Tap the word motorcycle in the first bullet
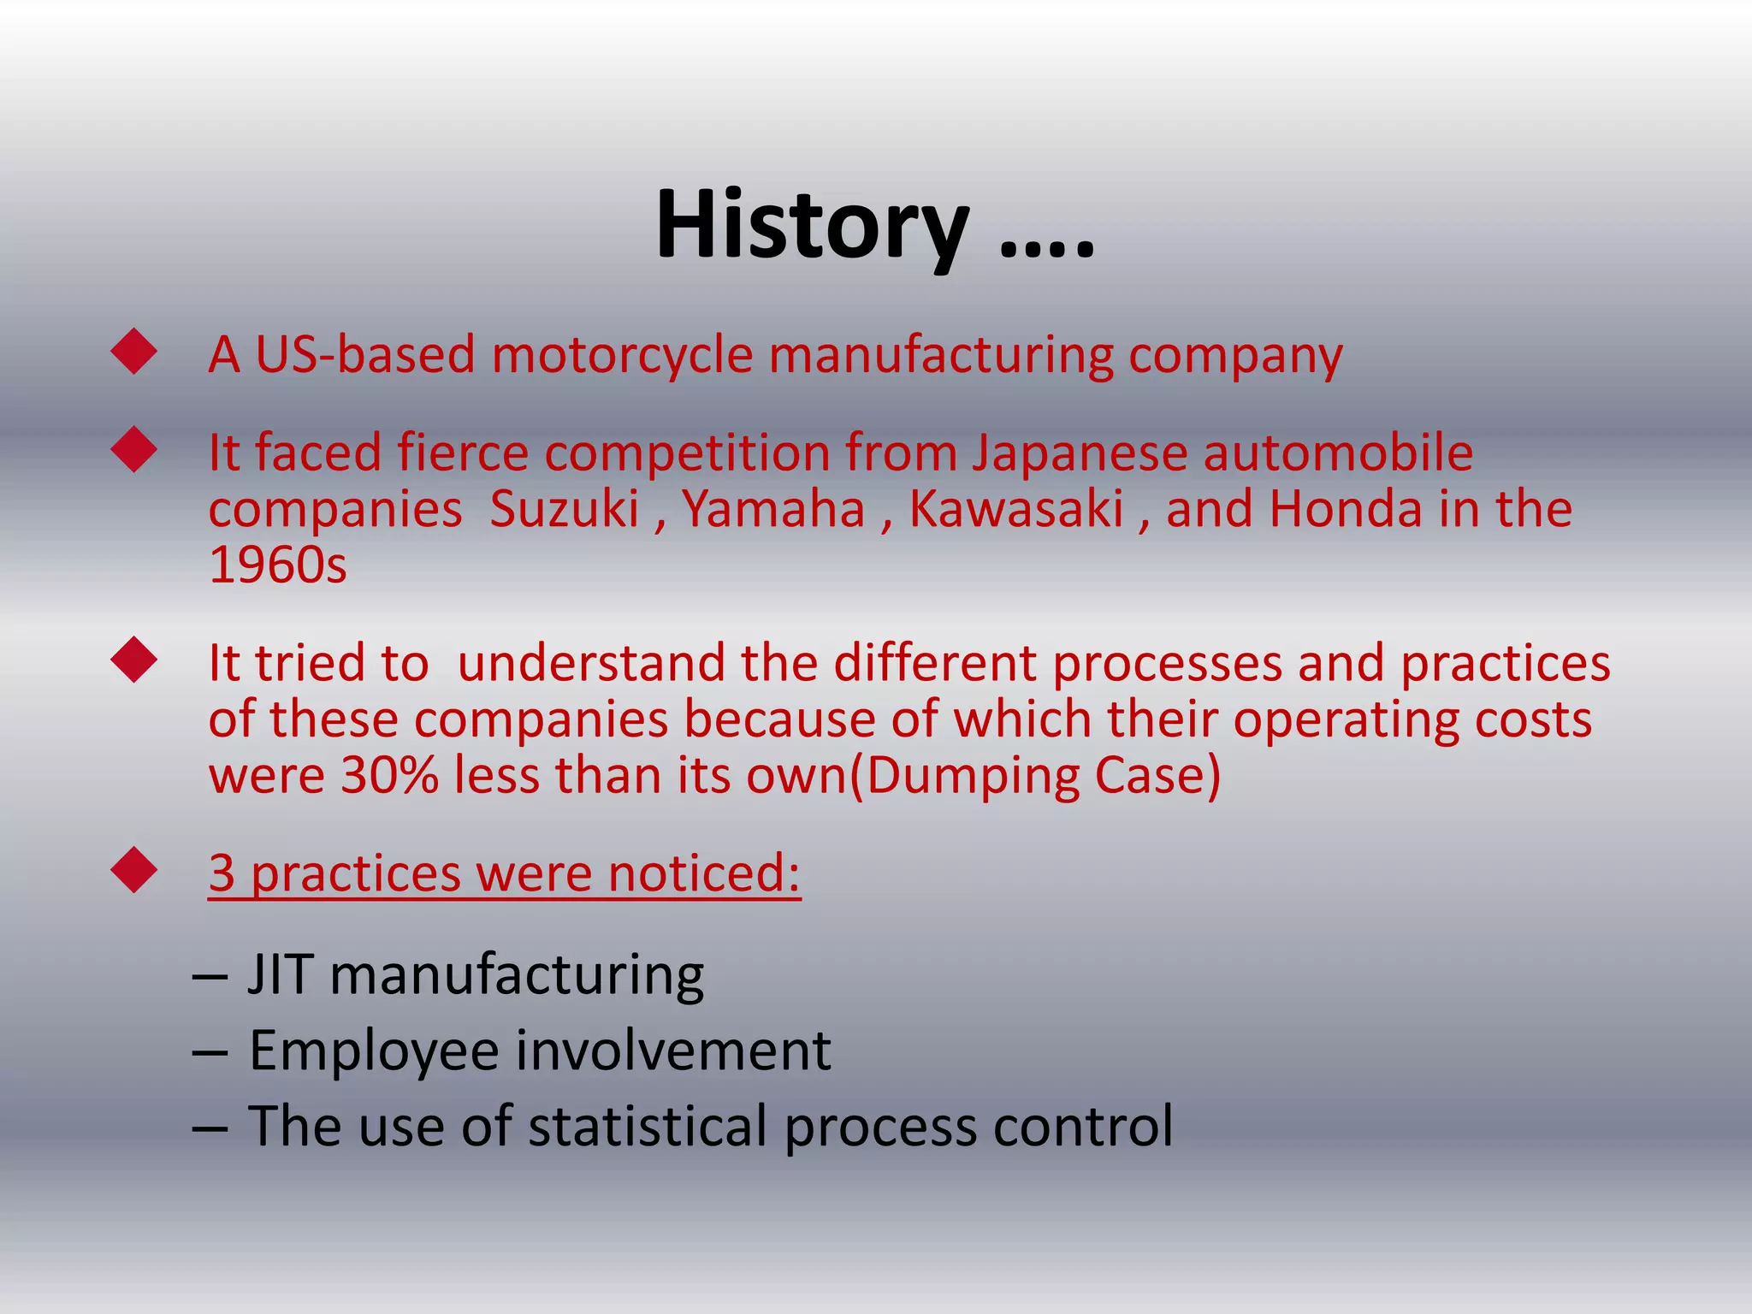(622, 354)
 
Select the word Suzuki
(565, 509)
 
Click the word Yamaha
(773, 509)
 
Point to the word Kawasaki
(1015, 509)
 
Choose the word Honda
(1346, 509)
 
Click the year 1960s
(277, 565)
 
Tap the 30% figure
(389, 775)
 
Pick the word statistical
(648, 1126)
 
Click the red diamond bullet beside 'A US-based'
(134, 352)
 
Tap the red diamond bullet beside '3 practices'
(134, 870)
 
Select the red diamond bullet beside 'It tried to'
(134, 660)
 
